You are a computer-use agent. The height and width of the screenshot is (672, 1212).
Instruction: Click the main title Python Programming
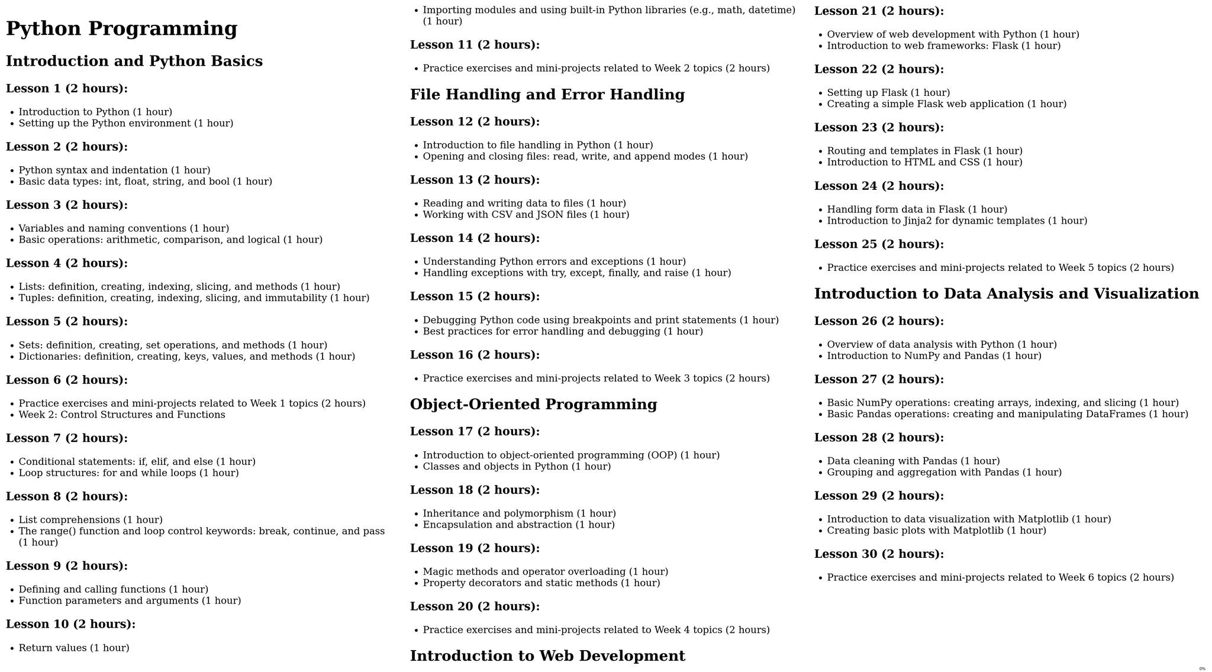tap(121, 28)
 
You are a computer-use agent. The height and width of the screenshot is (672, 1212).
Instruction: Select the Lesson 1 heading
tap(67, 89)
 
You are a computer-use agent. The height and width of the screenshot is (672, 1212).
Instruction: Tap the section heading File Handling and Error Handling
tap(547, 95)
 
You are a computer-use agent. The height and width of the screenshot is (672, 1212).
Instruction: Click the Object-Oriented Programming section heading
tap(533, 405)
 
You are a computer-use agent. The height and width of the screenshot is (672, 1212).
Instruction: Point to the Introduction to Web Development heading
tap(547, 656)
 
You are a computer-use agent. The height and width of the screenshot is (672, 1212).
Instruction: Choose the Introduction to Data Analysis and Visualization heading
tap(1006, 294)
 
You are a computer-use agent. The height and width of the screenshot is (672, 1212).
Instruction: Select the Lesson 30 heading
tap(879, 554)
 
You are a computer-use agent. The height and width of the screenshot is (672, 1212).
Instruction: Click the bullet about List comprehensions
tap(90, 520)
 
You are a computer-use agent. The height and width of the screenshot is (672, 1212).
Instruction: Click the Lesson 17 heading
tap(475, 432)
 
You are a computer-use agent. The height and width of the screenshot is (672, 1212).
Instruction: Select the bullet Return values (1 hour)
tap(74, 648)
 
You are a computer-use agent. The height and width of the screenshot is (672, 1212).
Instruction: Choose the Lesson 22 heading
tap(879, 69)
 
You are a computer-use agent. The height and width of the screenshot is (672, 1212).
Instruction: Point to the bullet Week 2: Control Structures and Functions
tap(121, 415)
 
